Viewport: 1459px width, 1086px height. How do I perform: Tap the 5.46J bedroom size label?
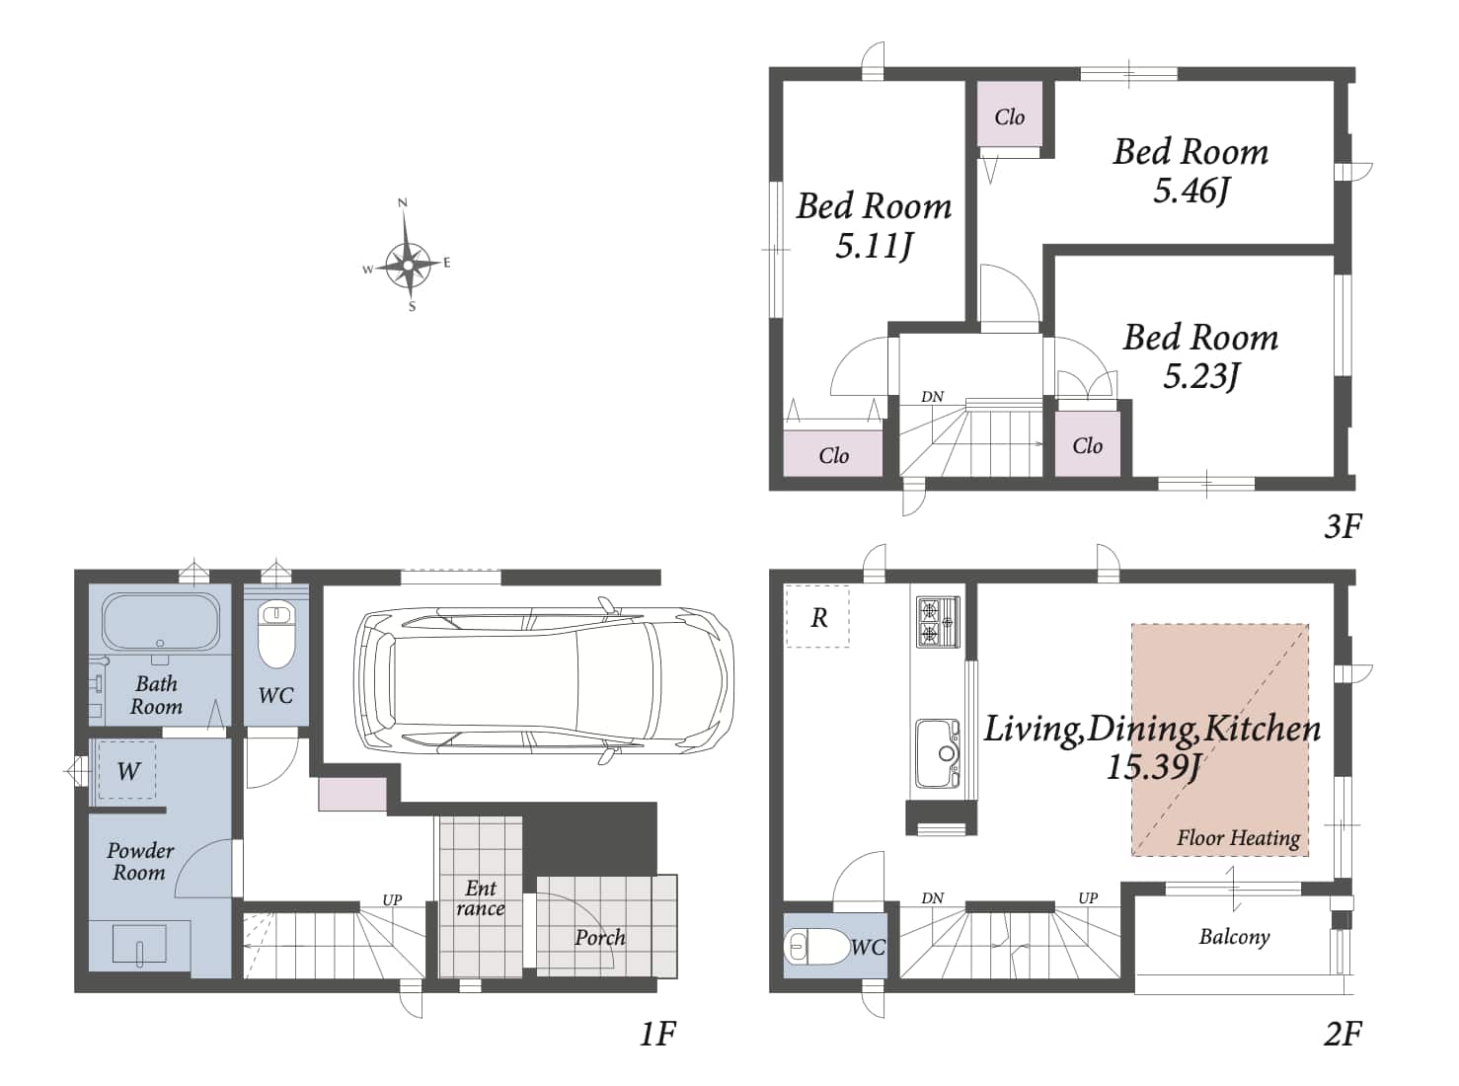(1190, 192)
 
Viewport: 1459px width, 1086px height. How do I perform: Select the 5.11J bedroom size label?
(874, 246)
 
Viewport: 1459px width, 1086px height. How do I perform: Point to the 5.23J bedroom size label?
(1200, 376)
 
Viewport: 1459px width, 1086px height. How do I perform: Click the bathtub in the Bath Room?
(161, 622)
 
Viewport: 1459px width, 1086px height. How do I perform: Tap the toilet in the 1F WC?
(276, 635)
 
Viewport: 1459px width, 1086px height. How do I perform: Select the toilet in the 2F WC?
(817, 947)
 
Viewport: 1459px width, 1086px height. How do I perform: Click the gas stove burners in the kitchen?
(938, 621)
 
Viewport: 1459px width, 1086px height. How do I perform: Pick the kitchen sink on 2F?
(938, 753)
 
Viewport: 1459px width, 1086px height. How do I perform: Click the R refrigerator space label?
(819, 618)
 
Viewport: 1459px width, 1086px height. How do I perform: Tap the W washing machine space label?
(128, 771)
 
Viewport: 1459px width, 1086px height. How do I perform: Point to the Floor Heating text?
(1239, 838)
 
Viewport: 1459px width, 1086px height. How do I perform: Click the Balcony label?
(1234, 937)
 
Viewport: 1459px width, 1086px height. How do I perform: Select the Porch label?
(600, 937)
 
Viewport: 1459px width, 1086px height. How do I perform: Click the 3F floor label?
(1342, 526)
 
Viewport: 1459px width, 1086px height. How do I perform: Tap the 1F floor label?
(657, 1034)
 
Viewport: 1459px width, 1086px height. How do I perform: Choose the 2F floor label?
(1342, 1034)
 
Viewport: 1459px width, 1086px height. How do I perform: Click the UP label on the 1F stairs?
(392, 899)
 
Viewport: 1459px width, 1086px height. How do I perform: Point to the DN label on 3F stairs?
(932, 396)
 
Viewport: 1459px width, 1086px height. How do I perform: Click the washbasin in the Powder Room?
(139, 945)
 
